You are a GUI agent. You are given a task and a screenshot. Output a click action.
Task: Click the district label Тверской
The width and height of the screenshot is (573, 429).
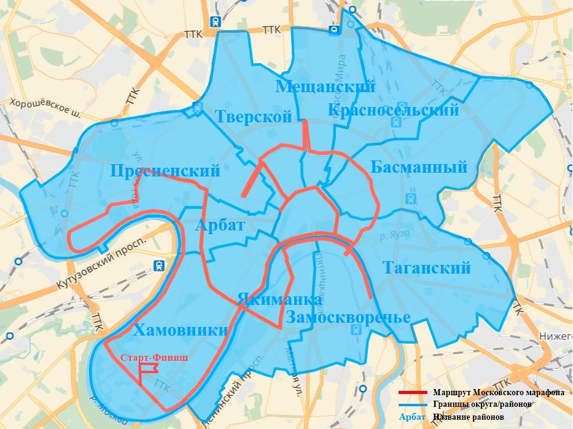click(x=253, y=116)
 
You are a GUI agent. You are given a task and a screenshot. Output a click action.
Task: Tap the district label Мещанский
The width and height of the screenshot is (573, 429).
click(x=325, y=87)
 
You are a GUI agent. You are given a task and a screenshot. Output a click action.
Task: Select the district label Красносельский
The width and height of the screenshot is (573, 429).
click(x=393, y=110)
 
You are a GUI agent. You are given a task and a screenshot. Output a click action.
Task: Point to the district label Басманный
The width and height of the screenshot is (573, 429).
click(x=419, y=167)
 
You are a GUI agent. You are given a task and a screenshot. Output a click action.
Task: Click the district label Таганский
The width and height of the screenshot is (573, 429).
click(x=427, y=268)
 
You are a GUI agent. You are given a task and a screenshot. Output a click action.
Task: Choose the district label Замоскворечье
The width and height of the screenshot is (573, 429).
click(x=348, y=318)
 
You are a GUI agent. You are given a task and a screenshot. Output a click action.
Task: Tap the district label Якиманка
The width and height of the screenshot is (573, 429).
click(x=279, y=299)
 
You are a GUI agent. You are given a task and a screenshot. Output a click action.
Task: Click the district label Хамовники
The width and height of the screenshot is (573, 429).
click(x=181, y=330)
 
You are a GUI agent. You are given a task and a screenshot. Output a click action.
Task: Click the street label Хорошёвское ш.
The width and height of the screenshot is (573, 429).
click(x=45, y=108)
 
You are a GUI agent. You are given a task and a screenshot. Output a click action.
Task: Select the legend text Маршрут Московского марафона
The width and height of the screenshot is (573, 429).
click(x=498, y=392)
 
